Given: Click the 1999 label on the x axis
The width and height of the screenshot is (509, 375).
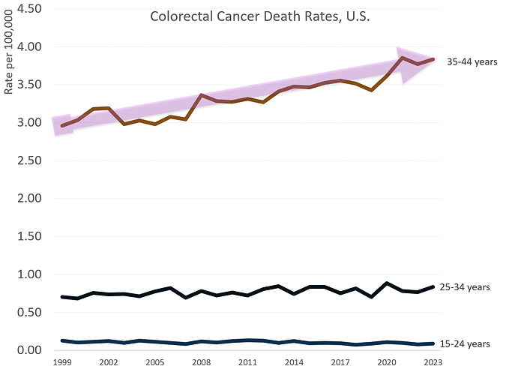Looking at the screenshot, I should point(62,361).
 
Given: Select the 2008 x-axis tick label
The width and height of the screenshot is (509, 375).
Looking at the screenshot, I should point(201,361).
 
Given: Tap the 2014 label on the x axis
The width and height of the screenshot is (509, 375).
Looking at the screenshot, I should point(293,361).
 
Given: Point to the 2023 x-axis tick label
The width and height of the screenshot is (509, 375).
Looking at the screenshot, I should point(432,361).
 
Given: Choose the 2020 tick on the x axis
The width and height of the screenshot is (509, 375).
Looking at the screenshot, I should point(386,361).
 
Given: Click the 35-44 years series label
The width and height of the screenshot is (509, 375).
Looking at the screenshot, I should point(472,62).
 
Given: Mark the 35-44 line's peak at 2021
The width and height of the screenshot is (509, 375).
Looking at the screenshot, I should point(403,58).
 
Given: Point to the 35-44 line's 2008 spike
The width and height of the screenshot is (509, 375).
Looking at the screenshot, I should point(201,95).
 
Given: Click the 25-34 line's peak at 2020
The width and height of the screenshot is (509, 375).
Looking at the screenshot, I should point(386,283).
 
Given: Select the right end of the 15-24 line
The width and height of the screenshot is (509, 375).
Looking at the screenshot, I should point(433,343).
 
